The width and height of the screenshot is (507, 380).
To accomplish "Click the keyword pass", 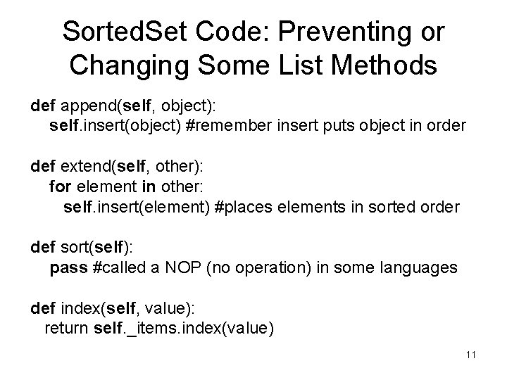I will pos(64,268).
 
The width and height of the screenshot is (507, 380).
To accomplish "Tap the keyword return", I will pos(66,329).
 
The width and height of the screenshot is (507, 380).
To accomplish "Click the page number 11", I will pos(470,355).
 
